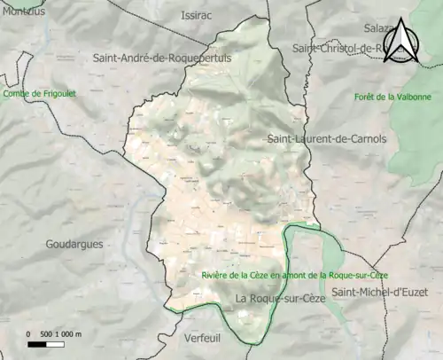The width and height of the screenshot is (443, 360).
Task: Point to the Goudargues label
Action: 74,243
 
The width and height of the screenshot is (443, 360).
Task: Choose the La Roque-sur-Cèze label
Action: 281,299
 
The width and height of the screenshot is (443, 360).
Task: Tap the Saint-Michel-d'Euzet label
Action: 386,292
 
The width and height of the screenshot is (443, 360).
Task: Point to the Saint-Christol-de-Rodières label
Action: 341,48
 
